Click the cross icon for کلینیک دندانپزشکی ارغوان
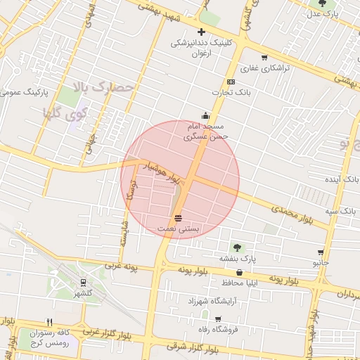pyautogui.click(x=202, y=32)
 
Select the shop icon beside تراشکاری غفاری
pyautogui.click(x=264, y=58)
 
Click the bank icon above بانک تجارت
pyautogui.click(x=231, y=82)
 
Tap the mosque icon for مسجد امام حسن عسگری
pyautogui.click(x=205, y=116)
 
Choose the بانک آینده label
pyautogui.click(x=342, y=180)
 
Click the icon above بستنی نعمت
pyautogui.click(x=179, y=218)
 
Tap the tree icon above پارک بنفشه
pyautogui.click(x=237, y=247)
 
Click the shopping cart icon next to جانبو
pyautogui.click(x=321, y=252)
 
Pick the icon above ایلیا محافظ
pyautogui.click(x=240, y=272)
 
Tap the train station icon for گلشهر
pyautogui.click(x=84, y=283)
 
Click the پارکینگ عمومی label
pyautogui.click(x=25, y=92)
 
